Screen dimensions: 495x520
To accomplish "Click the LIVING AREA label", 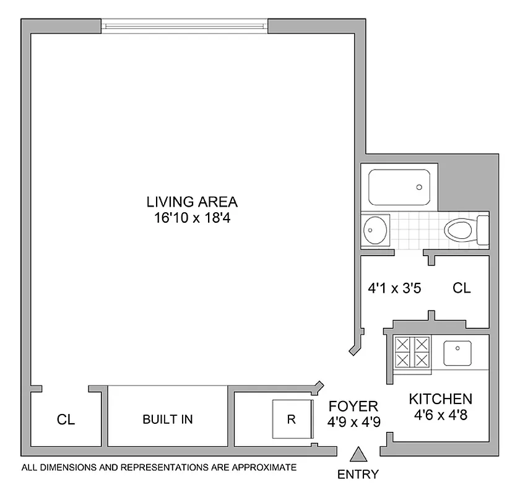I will click(x=192, y=202).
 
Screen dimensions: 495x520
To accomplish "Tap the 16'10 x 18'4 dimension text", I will click(x=192, y=218).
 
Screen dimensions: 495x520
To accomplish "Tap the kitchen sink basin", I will click(x=457, y=353).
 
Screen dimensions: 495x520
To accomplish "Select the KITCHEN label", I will click(x=440, y=399).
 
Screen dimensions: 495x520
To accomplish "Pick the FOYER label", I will click(x=353, y=407).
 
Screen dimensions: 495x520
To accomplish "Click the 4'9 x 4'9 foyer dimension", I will click(x=353, y=423).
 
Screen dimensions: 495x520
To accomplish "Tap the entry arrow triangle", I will click(x=358, y=455).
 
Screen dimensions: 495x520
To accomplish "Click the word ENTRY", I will click(x=358, y=475).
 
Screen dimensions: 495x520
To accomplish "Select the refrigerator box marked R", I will click(x=291, y=419).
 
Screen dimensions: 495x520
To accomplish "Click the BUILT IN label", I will click(x=167, y=419).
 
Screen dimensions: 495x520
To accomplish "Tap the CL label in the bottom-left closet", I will click(x=66, y=420).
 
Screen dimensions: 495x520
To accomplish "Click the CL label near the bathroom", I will click(x=461, y=288).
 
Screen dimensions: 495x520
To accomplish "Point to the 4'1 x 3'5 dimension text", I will click(x=395, y=288).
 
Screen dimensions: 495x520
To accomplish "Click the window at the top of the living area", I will click(x=184, y=26).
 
